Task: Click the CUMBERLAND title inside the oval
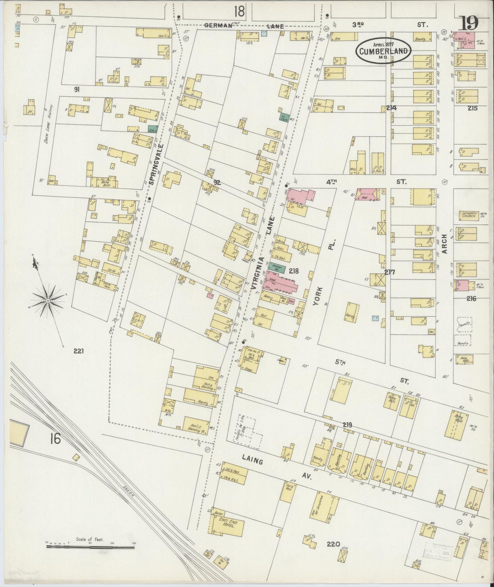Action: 383,51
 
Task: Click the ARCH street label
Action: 444,244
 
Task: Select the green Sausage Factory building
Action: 277,266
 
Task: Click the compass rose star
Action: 48,300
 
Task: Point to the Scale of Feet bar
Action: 90,547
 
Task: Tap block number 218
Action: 294,271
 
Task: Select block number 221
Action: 78,351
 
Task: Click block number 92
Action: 217,183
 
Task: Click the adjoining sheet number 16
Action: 55,439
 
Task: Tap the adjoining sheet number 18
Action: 239,12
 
